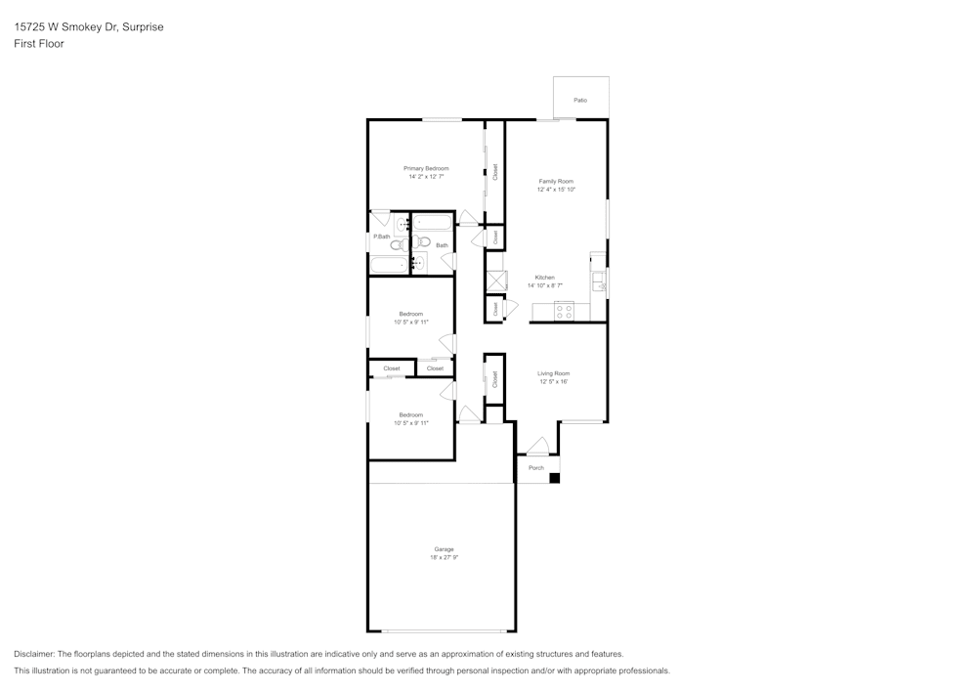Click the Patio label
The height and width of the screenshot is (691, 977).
[x=580, y=100]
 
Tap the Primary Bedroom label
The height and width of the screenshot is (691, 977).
[x=426, y=168]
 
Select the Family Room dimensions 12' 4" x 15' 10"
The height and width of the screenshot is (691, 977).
[x=556, y=190]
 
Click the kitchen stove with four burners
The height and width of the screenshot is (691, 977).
[x=564, y=312]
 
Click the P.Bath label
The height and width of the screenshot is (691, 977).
[x=381, y=237]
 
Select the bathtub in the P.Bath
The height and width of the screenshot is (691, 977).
[x=388, y=264]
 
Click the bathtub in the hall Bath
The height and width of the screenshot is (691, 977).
[x=431, y=222]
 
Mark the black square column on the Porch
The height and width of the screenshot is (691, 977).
[x=554, y=478]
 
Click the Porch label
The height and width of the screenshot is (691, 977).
[x=535, y=468]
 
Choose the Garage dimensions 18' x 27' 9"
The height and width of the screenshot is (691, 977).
[x=444, y=557]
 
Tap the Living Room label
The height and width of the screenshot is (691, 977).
[x=553, y=373]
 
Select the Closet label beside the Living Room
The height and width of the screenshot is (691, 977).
[x=495, y=378]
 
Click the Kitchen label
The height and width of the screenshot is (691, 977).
[x=544, y=278]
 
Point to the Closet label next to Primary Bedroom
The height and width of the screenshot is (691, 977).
[x=495, y=172]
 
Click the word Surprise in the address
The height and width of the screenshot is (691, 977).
[x=144, y=27]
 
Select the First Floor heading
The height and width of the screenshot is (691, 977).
[x=39, y=44]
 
